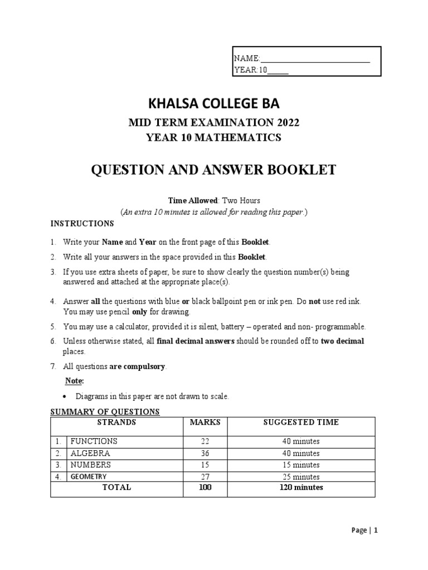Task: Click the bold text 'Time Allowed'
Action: [x=188, y=200]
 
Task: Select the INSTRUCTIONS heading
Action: [x=82, y=224]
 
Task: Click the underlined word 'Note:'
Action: [x=74, y=381]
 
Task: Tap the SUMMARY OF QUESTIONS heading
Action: [x=105, y=412]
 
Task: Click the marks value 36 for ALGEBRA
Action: [x=205, y=453]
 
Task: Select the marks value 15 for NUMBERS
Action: [x=205, y=465]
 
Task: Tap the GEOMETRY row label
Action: [x=88, y=476]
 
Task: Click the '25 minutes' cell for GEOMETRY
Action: [x=301, y=477]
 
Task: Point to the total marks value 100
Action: [x=205, y=487]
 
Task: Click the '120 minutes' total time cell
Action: [x=301, y=487]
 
